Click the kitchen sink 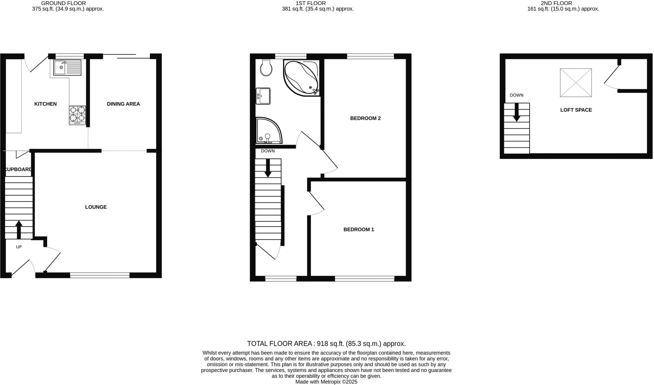coord(67,67)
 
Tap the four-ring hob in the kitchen coord(77,114)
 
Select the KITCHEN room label coord(45,104)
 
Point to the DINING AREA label coord(123,104)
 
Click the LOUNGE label coord(96,207)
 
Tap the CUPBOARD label coord(19,169)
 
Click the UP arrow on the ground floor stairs coord(19,229)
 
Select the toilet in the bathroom coord(266,68)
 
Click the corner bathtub coord(301,78)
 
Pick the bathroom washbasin coord(263,96)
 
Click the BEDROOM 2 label coord(365,118)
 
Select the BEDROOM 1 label coord(359,229)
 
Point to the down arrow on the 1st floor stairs coord(268,168)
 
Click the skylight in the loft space coord(576,83)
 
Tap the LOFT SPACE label coord(576,110)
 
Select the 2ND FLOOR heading coord(563,3)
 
